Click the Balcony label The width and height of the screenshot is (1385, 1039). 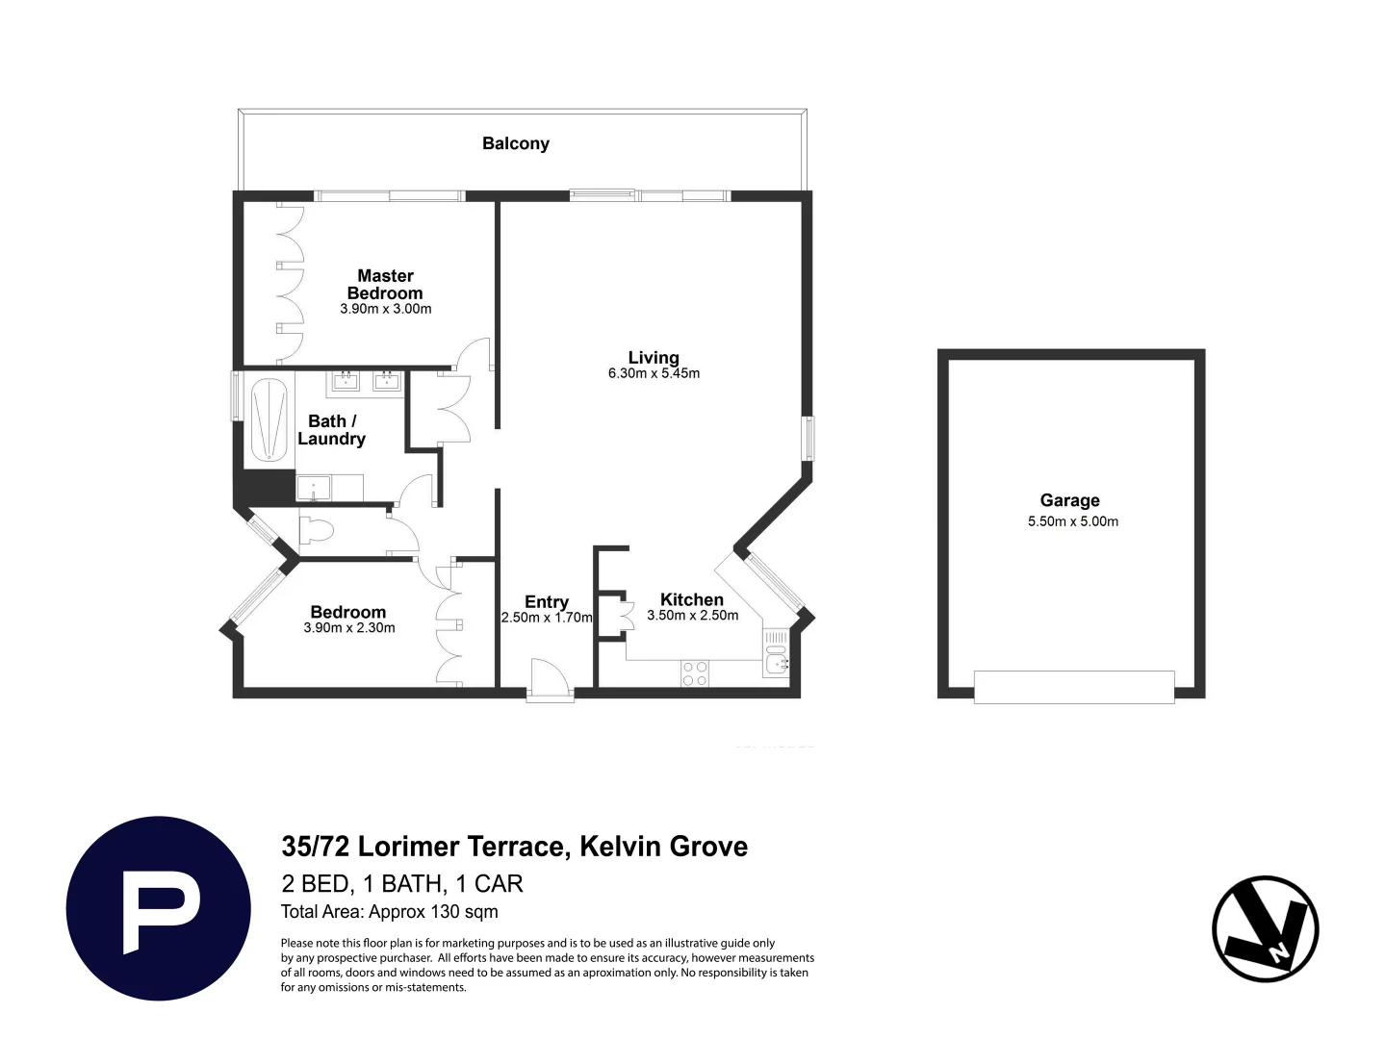[515, 143]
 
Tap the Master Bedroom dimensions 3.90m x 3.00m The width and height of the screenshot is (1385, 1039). [385, 309]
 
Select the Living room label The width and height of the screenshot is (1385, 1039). [654, 357]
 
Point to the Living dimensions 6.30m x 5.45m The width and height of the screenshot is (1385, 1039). [654, 373]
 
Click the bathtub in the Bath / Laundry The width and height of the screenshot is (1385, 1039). [269, 421]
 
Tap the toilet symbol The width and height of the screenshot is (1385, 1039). [316, 530]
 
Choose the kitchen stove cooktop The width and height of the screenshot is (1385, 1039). [695, 672]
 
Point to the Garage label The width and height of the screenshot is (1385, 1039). [1069, 500]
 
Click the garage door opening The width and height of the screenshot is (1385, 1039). [1073, 687]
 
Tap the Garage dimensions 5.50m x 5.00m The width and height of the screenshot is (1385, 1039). [1072, 521]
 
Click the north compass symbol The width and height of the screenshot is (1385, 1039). [1265, 928]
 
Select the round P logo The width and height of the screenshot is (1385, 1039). [158, 908]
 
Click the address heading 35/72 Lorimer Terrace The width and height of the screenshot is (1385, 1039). [514, 847]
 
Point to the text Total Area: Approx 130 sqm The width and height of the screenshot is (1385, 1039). [389, 911]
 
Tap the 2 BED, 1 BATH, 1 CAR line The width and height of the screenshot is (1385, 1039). [402, 883]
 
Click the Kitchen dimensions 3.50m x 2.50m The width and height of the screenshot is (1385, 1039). [692, 616]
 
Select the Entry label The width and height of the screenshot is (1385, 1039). [546, 601]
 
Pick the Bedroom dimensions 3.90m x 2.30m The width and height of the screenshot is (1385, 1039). [348, 628]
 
